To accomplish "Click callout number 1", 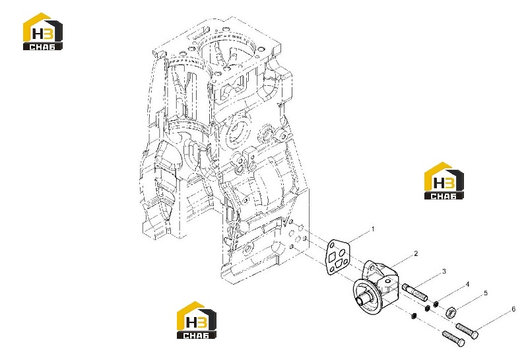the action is point(373,229).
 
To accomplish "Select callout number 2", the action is point(416,254).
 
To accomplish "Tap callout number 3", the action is point(444,271).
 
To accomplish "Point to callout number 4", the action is point(467,285).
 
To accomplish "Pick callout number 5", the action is point(486,293).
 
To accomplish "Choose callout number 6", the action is point(513,309).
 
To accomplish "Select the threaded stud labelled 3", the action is point(415,292).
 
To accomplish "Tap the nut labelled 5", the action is point(451,312).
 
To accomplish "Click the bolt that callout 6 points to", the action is point(467,330).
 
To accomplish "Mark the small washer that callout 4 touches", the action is point(435,304).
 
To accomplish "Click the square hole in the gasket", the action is point(333,257).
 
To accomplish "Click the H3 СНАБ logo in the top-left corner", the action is point(43,32).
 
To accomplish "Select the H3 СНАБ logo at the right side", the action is point(444,181).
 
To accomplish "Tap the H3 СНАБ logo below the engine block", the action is point(197,320).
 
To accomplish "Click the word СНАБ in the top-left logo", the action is point(43,46).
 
